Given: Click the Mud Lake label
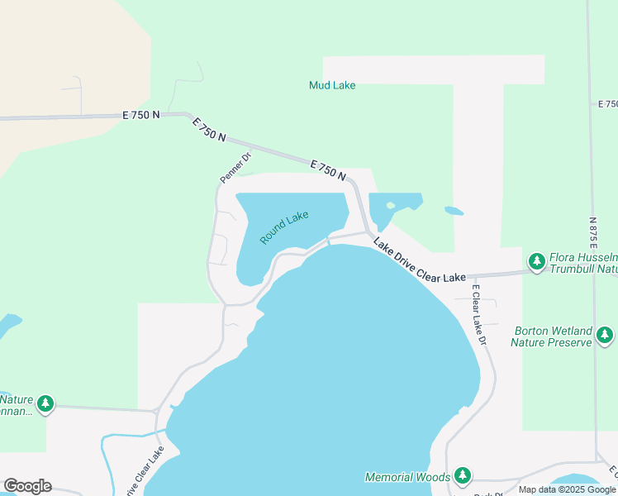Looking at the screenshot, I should (331, 84).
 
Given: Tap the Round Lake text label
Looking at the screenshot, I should (284, 227).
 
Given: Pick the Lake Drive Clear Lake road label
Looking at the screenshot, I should (419, 261).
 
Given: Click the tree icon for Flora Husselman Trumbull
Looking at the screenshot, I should (537, 262).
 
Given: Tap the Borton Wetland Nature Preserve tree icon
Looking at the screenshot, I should (606, 335).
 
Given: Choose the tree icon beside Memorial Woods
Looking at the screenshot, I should (463, 475).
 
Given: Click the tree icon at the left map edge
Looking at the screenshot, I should (45, 403).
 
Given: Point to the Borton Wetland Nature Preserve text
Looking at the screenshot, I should (551, 335).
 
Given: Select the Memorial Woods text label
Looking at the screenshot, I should (408, 477).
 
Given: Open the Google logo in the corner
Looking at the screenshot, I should (27, 485).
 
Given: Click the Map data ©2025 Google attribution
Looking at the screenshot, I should (566, 489).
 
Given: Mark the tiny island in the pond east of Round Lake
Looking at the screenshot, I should (390, 205).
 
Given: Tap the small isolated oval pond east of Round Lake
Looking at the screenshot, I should (454, 211).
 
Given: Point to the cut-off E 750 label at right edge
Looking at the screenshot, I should (607, 104).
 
